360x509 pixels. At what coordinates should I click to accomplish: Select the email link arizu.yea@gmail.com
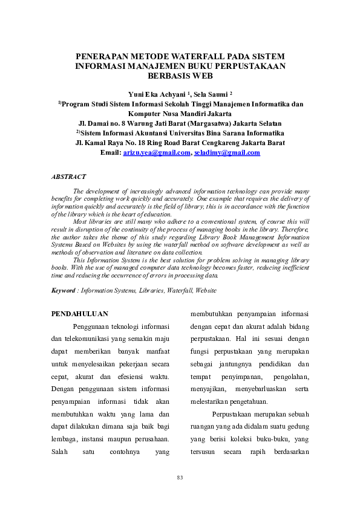[x=157, y=153]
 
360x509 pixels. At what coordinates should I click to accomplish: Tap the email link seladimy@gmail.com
[x=227, y=153]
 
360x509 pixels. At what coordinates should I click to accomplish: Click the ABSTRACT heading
[x=68, y=177]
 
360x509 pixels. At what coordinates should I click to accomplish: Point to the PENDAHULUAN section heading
[x=79, y=314]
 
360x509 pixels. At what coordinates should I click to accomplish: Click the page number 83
[x=180, y=478]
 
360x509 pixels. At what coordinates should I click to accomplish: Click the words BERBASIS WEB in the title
[x=180, y=76]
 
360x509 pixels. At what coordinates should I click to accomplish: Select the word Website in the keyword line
[x=205, y=291]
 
